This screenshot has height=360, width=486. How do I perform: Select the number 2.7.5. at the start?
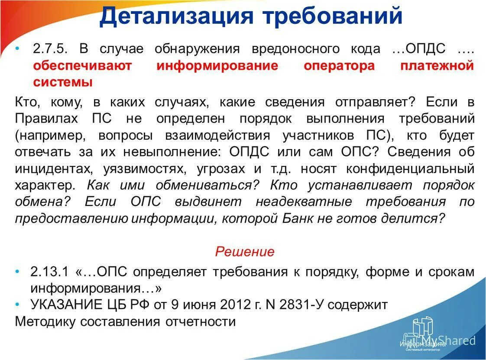click(x=49, y=49)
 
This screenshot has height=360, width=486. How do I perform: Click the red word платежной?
click(x=437, y=65)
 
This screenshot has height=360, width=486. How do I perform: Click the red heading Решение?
click(x=245, y=251)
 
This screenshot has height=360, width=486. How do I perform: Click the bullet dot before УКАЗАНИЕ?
click(x=18, y=304)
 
